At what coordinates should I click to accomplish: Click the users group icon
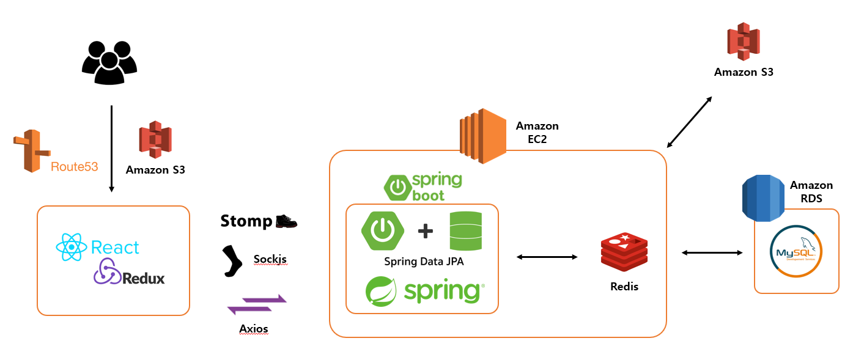click(x=109, y=62)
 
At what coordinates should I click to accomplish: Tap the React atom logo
click(x=71, y=247)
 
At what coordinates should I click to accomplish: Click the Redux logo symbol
click(x=106, y=272)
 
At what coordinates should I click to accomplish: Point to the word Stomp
click(x=246, y=221)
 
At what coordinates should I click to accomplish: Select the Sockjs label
click(x=270, y=259)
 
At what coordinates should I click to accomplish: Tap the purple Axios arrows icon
click(x=257, y=304)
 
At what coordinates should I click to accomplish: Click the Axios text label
click(x=253, y=329)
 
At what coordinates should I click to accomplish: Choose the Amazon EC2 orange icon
click(x=482, y=136)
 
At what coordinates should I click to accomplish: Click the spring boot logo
click(x=423, y=187)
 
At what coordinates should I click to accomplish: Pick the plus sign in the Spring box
click(x=425, y=231)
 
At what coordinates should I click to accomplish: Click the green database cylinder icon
click(x=466, y=231)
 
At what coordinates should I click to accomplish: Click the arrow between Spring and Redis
click(x=547, y=257)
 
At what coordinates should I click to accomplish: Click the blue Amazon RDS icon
click(x=763, y=197)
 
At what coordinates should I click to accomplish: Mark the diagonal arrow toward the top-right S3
click(x=689, y=122)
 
